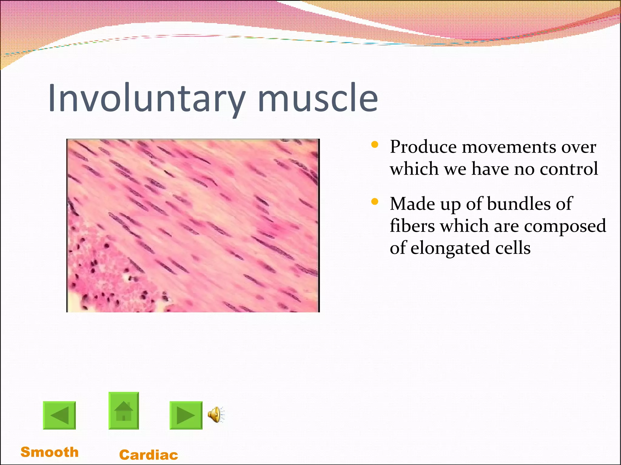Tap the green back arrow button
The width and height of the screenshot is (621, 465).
(59, 415)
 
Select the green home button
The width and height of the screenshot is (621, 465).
(124, 411)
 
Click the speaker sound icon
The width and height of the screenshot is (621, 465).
(216, 415)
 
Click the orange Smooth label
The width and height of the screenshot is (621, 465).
(49, 452)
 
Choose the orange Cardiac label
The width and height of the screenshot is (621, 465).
(149, 455)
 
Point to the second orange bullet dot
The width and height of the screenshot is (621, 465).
(375, 202)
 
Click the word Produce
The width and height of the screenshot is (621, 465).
(423, 147)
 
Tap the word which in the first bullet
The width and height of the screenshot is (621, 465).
(414, 169)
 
